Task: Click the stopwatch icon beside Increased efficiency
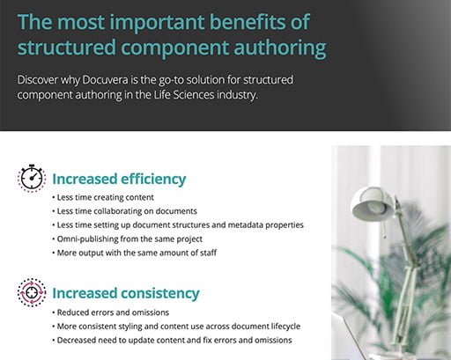coord(32,178)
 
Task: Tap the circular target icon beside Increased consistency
coord(32,292)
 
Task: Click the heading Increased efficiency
coord(119,179)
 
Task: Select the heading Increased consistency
coord(126,293)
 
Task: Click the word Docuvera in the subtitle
coord(105,80)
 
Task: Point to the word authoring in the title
coord(280,48)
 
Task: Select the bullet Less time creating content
coord(103,197)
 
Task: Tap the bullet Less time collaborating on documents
coord(125,211)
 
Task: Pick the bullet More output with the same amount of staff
coord(135,253)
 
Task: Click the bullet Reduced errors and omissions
coord(111,312)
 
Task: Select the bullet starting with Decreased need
coord(172,340)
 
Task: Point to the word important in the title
coord(157,23)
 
